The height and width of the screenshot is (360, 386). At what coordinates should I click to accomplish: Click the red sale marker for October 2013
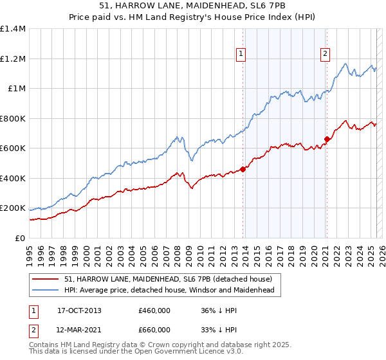coord(243,170)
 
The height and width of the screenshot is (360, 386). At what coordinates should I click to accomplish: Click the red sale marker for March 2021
coord(327,139)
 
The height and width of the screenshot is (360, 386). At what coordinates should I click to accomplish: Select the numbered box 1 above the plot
coord(240,54)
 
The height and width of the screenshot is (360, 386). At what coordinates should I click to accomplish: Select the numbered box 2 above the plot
coord(326,54)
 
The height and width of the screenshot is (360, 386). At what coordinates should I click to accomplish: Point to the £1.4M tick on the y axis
coord(12,29)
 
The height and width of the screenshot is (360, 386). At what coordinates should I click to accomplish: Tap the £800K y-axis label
coord(12,118)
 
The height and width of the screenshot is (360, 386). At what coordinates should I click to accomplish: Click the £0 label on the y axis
coord(20,238)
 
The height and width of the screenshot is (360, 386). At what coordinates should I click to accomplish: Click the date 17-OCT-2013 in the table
coord(79,310)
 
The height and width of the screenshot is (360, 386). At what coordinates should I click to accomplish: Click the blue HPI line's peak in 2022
coord(346,64)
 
